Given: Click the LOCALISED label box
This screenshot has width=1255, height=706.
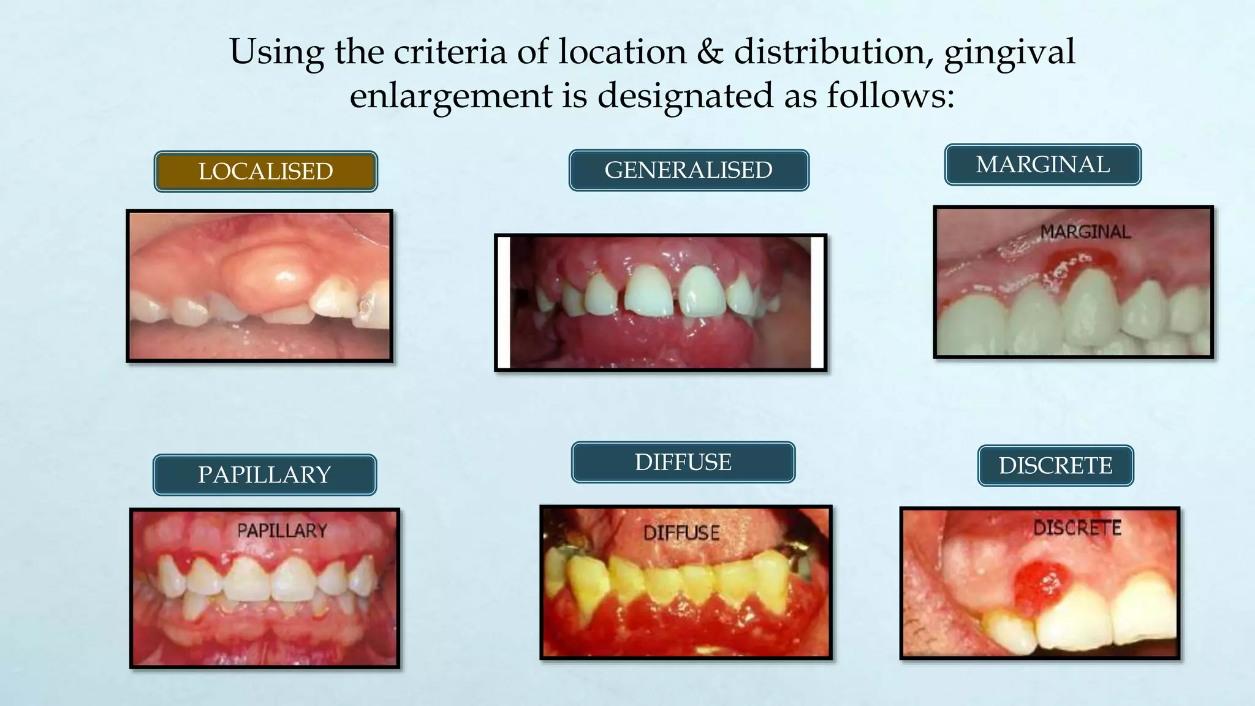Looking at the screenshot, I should click(x=265, y=172).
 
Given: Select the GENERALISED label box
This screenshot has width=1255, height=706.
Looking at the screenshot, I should click(x=689, y=170).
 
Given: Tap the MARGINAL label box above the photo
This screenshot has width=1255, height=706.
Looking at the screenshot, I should click(x=1042, y=165).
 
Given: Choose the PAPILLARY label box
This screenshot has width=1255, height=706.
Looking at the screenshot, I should click(x=264, y=475).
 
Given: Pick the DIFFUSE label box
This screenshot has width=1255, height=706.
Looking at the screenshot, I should click(x=683, y=462).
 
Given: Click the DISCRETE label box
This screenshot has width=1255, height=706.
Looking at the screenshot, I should click(x=1055, y=466).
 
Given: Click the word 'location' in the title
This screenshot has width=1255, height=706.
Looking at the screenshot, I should click(x=622, y=51).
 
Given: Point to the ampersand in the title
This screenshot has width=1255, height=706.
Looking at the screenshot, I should click(x=710, y=51).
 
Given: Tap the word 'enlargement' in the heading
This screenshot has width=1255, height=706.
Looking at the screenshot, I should click(x=451, y=96).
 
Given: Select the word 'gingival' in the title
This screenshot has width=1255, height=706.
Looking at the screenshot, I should click(x=1009, y=53).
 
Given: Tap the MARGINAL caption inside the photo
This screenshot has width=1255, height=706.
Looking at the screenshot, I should click(x=1085, y=232).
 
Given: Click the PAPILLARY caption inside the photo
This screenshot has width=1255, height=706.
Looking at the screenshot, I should click(x=282, y=531).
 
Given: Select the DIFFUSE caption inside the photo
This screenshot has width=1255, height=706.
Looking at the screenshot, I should click(x=681, y=533).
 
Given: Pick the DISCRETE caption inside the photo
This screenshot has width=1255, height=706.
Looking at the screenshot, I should click(x=1077, y=528).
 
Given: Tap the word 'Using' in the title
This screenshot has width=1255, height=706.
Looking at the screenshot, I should click(x=276, y=53).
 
